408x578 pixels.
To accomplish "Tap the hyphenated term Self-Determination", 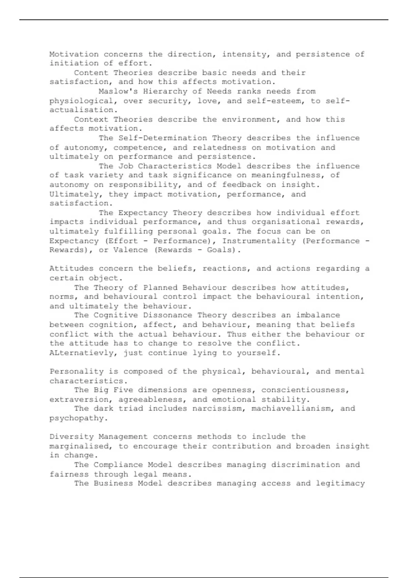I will pos(163,138).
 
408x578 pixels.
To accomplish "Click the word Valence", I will pos(131,250).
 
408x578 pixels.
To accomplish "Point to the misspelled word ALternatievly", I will pos(81,353).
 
